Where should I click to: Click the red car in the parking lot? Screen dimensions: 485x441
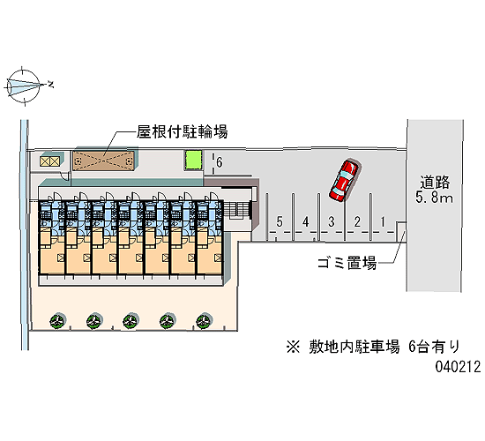point(344,181)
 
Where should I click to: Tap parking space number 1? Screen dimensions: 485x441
point(383,221)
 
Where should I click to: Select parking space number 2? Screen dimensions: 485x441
point(357,221)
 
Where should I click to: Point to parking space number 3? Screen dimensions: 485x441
point(332,221)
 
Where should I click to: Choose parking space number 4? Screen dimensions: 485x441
point(306,221)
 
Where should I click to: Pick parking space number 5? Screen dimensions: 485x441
point(280,221)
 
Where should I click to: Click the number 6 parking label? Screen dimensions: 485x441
point(220,162)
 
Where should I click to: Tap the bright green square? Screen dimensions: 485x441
point(193,160)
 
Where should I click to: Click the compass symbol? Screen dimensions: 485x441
point(24,86)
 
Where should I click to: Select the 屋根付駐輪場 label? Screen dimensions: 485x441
point(183,131)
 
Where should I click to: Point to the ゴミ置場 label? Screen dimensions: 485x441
point(347,263)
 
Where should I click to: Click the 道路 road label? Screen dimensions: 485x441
point(435,183)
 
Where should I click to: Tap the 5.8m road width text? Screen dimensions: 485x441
point(434,198)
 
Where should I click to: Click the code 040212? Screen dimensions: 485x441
point(458,367)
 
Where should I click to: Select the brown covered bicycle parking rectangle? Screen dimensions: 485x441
point(103,161)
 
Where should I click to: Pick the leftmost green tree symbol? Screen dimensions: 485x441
point(58,321)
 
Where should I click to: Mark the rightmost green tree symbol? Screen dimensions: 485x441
point(204,321)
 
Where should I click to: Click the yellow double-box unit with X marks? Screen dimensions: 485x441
point(49,161)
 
